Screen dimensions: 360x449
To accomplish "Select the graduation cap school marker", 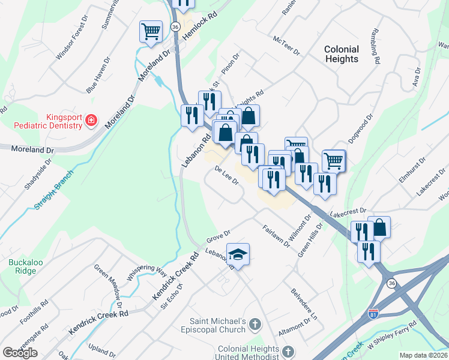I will coord(238,254).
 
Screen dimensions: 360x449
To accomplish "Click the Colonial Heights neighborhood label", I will coord(342,54).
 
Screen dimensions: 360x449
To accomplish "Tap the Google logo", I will coord(20,353).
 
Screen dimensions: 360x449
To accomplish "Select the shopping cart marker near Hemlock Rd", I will coord(150,32).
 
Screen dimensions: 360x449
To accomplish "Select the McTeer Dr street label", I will coord(286,46).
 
